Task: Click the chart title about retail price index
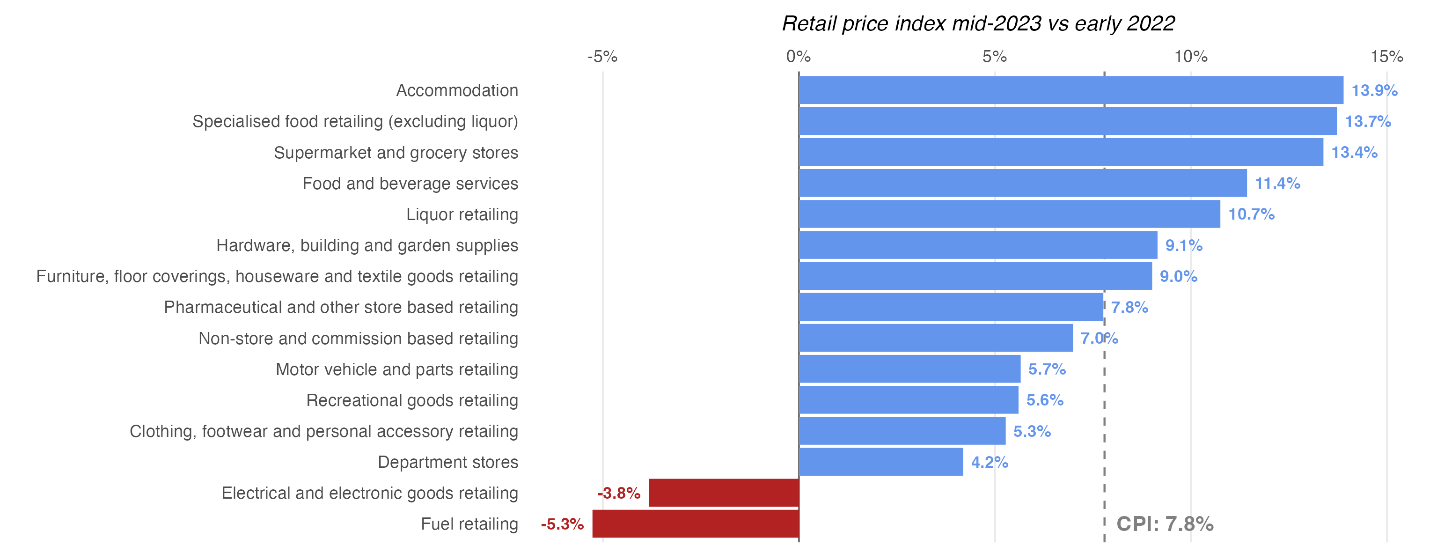click(978, 23)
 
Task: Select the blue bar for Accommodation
click(1070, 90)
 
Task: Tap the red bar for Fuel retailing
click(695, 524)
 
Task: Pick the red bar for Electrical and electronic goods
click(724, 493)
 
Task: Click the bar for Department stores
click(881, 462)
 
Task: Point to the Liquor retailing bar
click(1009, 214)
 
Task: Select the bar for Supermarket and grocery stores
click(1061, 152)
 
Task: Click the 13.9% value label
click(1374, 90)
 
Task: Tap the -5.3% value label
click(562, 524)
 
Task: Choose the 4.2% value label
click(989, 462)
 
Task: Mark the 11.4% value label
click(1277, 183)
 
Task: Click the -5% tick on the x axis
click(602, 56)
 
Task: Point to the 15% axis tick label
click(1386, 56)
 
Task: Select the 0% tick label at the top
click(798, 56)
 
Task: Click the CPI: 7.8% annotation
click(1165, 524)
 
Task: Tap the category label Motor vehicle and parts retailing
click(396, 369)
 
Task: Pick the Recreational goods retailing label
click(412, 400)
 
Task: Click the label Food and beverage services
click(410, 183)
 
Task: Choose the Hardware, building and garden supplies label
click(367, 245)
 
